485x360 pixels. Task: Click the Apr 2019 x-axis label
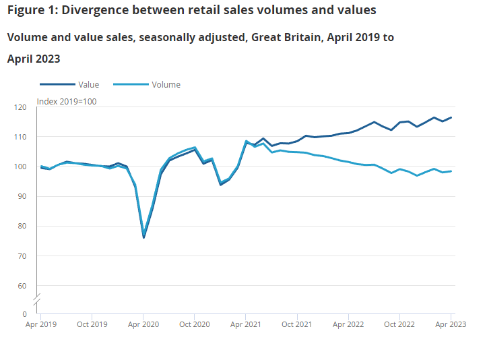click(40, 324)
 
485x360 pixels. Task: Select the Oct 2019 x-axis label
click(92, 324)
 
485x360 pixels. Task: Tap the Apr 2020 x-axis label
click(143, 324)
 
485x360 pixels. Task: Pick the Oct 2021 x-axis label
click(296, 324)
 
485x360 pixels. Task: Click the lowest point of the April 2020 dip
click(143, 237)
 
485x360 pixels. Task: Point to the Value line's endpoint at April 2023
click(451, 117)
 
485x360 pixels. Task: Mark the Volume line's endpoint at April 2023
click(451, 171)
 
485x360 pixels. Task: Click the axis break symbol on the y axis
click(37, 297)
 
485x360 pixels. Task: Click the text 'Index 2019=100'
click(67, 101)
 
